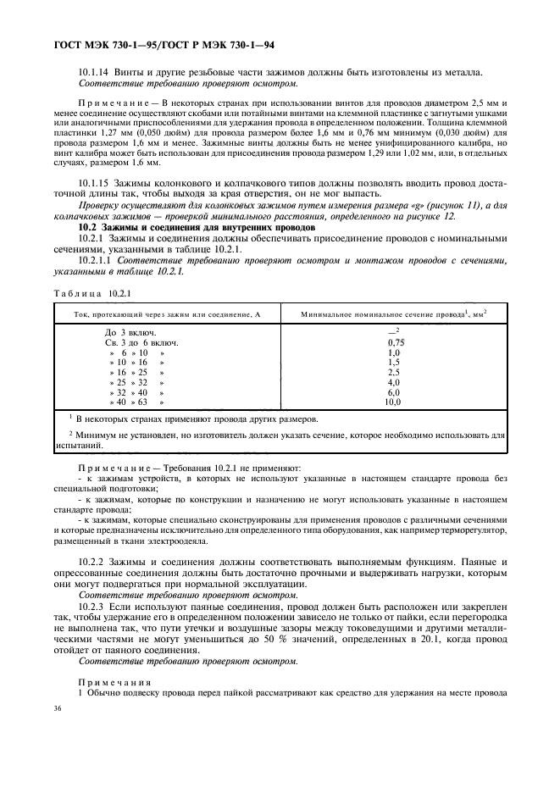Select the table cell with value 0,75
394,341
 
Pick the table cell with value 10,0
393,402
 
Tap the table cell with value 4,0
393,382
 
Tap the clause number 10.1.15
97,207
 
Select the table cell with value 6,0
393,392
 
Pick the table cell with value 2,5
393,372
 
